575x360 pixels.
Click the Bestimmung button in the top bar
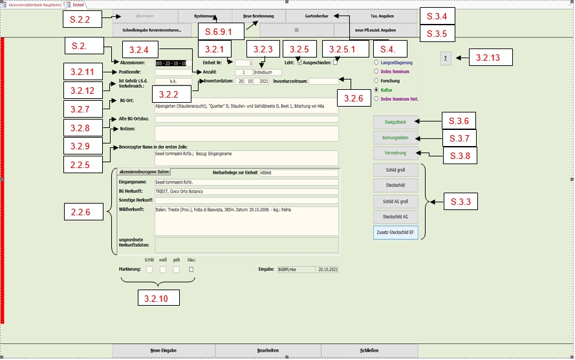point(205,15)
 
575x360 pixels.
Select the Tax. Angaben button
point(382,15)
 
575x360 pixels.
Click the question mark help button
point(446,58)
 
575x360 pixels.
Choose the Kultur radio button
point(376,90)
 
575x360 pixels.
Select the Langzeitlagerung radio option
point(376,63)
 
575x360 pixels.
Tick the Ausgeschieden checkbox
point(335,63)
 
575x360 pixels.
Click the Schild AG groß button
point(396,202)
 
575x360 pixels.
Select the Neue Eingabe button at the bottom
point(163,350)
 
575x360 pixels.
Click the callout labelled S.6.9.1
point(220,30)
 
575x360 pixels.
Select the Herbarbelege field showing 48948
point(298,173)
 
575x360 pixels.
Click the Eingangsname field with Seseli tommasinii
point(246,182)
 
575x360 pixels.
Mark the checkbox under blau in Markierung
point(191,270)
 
